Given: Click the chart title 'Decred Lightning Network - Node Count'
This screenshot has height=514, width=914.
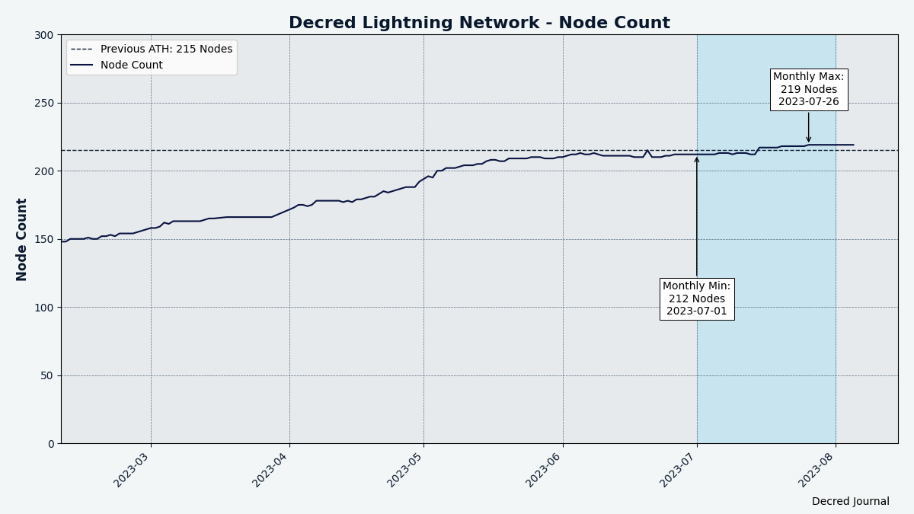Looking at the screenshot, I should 479,23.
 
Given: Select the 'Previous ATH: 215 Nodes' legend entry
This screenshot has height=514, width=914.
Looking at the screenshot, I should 166,49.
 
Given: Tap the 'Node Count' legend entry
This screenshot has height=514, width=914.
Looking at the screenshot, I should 131,65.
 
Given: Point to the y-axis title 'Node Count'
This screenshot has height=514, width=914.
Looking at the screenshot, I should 22,239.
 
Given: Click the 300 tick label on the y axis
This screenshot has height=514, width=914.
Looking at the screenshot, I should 44,35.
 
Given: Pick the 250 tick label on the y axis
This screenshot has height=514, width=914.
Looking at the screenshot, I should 44,103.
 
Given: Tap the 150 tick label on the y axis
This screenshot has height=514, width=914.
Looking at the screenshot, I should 44,239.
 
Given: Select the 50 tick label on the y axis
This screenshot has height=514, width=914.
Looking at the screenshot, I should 47,375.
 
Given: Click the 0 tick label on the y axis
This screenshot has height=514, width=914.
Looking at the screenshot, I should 50,443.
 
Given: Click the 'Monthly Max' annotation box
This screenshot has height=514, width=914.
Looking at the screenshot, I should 808,89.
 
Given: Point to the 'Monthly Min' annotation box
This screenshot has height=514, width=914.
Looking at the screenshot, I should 696,299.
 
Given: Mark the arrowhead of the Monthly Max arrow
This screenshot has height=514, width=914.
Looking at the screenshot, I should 808,141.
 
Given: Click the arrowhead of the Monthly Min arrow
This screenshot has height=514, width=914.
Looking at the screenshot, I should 696,159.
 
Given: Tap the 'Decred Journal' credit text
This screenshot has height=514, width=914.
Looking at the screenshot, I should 850,502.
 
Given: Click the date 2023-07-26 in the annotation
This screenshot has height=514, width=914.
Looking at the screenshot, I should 808,102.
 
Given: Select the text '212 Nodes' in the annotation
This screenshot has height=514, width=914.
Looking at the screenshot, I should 696,299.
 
